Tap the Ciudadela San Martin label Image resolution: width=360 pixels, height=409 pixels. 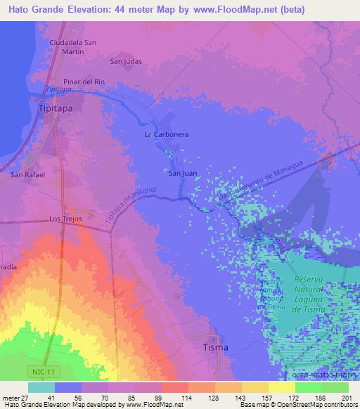pos(77,46)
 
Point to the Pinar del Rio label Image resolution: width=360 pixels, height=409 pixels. pos(84,82)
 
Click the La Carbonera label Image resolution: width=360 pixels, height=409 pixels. pos(167,134)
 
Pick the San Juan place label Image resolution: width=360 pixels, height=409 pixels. pos(181,172)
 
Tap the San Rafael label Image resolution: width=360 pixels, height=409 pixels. pos(29,174)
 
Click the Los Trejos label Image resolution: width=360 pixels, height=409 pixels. pos(65,219)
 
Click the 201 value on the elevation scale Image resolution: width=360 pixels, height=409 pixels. pos(344,397)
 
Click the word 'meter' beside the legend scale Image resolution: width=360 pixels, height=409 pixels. pos(11,397)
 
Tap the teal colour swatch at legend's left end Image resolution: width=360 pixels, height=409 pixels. pos(41,387)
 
